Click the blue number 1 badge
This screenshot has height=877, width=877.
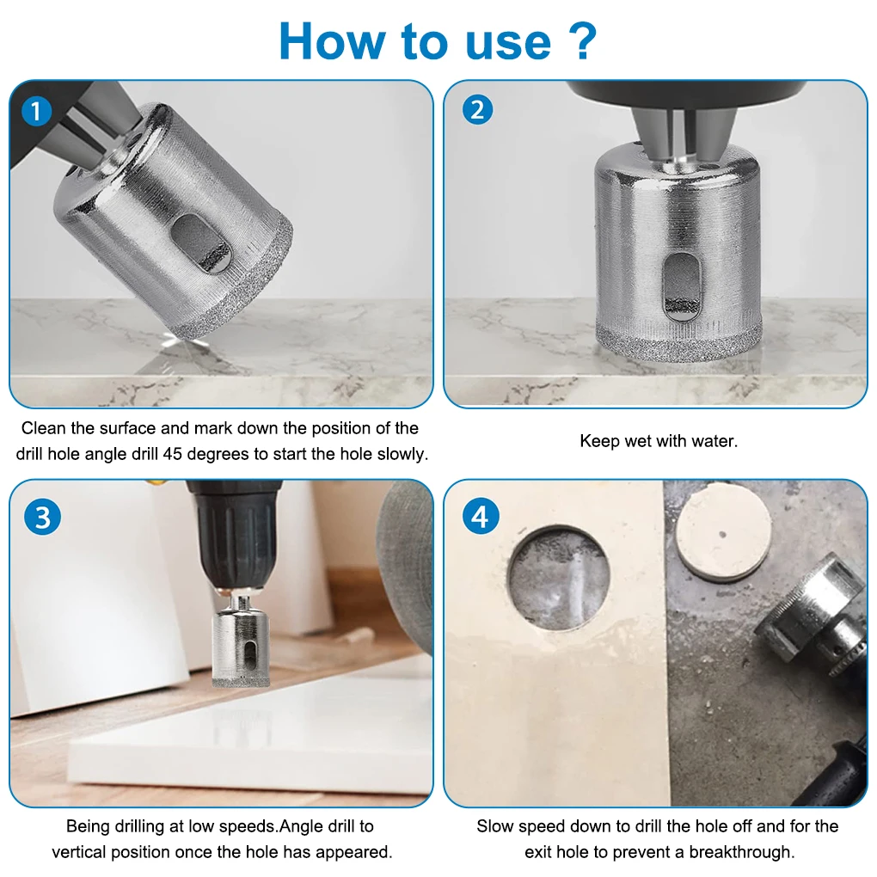[x=37, y=111]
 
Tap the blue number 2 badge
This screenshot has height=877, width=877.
[x=478, y=110]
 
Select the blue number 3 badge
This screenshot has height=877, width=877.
[x=42, y=517]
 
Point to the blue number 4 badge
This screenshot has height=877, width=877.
[x=481, y=516]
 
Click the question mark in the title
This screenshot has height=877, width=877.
[x=586, y=40]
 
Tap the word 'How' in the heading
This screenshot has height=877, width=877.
[x=332, y=41]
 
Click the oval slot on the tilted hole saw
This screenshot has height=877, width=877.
[x=201, y=242]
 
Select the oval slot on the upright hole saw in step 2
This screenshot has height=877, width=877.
[x=682, y=287]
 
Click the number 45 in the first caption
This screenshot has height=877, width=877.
[x=173, y=454]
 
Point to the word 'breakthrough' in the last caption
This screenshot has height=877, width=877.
[x=741, y=852]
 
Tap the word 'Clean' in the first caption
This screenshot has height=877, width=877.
[x=44, y=428]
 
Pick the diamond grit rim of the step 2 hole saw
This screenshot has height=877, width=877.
[x=678, y=340]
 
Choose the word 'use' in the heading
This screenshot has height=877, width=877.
[x=508, y=44]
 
